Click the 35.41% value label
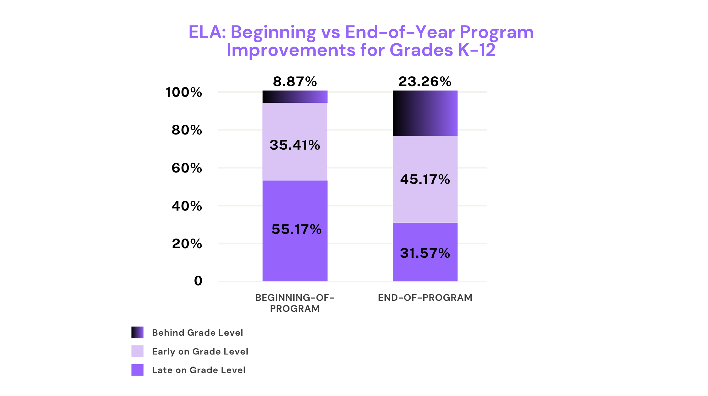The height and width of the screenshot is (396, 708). click(295, 145)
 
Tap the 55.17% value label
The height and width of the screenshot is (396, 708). click(296, 229)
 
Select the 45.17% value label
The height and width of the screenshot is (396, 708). click(425, 179)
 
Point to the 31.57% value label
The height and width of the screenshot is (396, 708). click(425, 253)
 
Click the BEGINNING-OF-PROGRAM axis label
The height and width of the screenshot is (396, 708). click(295, 303)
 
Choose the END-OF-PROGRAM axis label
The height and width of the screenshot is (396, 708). click(425, 298)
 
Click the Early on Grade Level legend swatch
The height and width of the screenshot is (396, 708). click(138, 351)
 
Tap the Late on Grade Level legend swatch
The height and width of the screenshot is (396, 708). click(138, 370)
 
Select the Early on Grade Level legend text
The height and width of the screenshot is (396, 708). click(200, 351)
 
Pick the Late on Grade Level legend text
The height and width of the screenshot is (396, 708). click(199, 370)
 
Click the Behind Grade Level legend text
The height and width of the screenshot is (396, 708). click(197, 333)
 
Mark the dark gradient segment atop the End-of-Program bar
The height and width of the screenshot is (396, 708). click(425, 113)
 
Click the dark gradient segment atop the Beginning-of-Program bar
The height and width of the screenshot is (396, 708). click(295, 97)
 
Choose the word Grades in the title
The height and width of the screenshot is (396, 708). click(422, 50)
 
